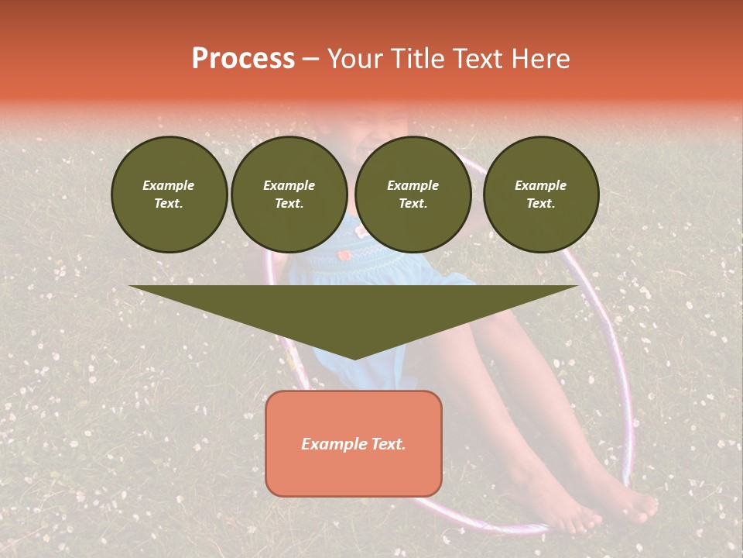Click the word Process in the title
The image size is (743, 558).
[x=243, y=59]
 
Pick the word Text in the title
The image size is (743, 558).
[x=479, y=59]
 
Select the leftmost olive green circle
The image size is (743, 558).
[x=169, y=195]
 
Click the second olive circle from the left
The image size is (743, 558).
[x=289, y=195]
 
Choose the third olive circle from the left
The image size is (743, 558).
[x=413, y=195]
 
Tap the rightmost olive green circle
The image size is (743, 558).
[x=540, y=195]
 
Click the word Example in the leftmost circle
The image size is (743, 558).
[x=169, y=186]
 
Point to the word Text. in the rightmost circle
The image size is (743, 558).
[x=540, y=204]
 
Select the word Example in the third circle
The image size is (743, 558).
[x=413, y=186]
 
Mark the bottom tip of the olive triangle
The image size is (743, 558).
[x=354, y=358]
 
